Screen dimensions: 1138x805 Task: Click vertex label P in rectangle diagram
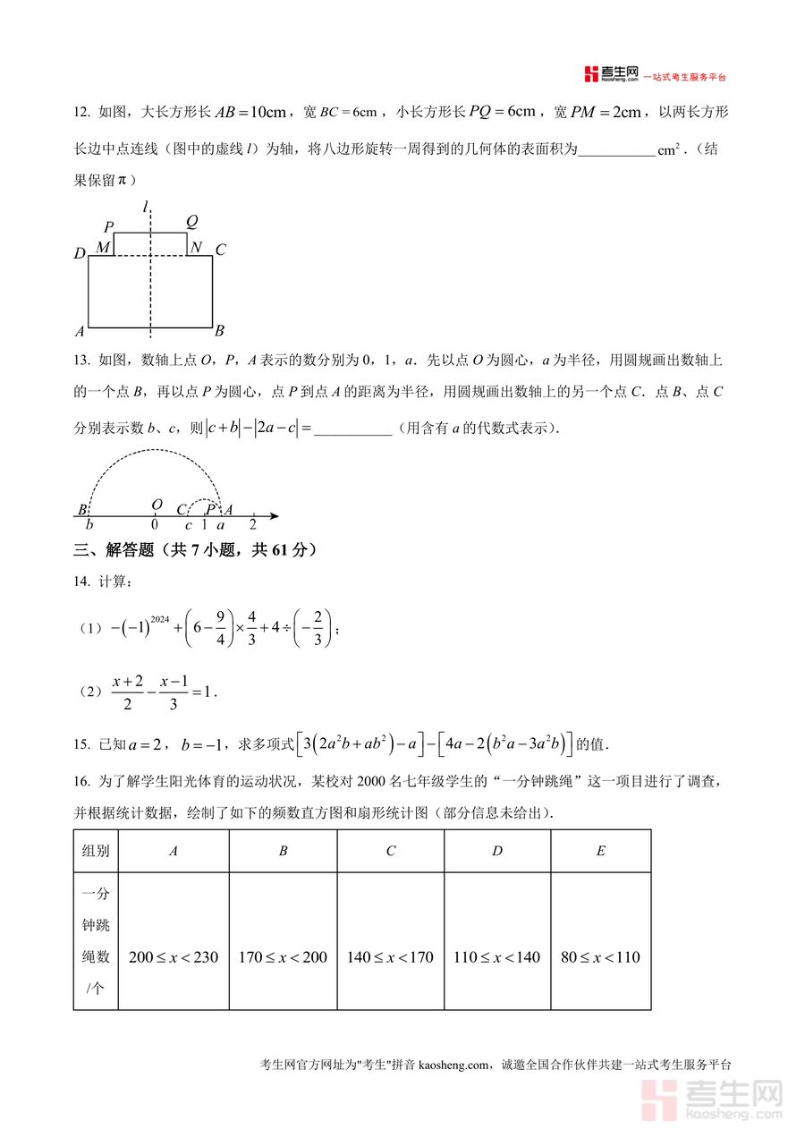point(108,226)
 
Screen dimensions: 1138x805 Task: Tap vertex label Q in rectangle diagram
point(191,222)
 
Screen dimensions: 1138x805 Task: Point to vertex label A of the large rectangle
point(80,331)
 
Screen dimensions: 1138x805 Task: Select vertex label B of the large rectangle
point(219,330)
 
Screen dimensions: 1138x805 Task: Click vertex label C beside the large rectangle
point(221,251)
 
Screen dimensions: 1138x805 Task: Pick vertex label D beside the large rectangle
point(79,254)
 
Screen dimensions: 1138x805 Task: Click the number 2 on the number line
point(252,525)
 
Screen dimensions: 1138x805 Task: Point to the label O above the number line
point(157,505)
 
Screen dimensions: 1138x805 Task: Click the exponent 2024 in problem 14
point(161,618)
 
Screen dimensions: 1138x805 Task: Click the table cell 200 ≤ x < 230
point(174,957)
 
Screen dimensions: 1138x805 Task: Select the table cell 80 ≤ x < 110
point(600,957)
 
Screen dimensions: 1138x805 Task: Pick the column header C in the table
point(390,851)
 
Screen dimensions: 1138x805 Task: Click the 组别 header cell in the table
point(96,851)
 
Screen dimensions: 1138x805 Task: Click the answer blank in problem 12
point(616,149)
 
